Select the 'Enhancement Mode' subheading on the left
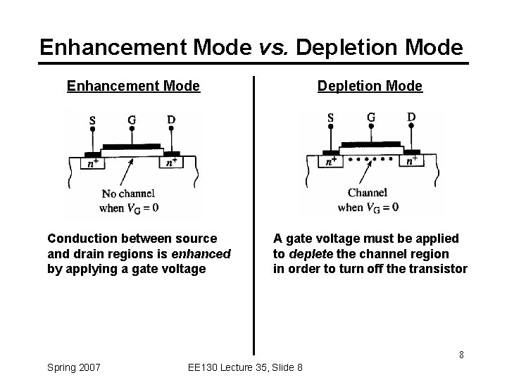(x=133, y=87)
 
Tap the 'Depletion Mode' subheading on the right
(x=370, y=87)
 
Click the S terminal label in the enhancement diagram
(x=92, y=121)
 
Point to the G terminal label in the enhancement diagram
(x=132, y=120)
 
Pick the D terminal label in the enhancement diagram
(x=171, y=120)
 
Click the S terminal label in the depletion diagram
(x=330, y=118)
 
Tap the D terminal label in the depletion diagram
(x=411, y=116)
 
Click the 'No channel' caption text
(x=128, y=194)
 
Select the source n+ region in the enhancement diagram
(x=92, y=163)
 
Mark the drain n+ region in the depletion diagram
(x=413, y=160)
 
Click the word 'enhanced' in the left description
(x=204, y=253)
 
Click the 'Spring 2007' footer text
(x=73, y=367)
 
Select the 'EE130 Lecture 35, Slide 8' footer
(x=246, y=367)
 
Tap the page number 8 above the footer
(x=461, y=354)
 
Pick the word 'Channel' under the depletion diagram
(x=368, y=192)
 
